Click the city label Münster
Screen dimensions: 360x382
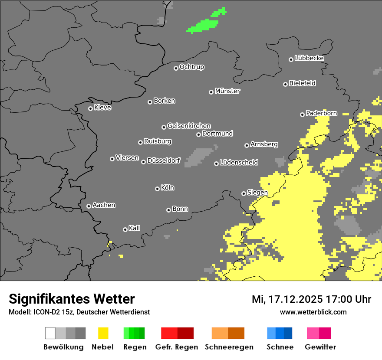227,91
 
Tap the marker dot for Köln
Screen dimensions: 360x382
157,189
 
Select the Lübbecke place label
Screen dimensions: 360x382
309,58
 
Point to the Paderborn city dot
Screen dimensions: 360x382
302,115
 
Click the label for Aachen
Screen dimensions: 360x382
104,205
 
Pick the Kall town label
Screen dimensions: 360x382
134,228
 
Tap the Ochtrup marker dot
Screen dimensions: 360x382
176,68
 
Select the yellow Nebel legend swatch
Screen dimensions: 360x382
103,333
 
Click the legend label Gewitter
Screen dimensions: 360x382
320,347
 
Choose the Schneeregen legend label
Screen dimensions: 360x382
229,347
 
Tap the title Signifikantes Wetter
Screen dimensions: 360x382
72,299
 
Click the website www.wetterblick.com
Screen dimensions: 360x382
313,312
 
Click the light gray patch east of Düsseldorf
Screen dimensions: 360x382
199,157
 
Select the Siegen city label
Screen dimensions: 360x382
257,193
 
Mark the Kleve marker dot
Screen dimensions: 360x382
90,108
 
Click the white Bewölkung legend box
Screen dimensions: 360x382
50,333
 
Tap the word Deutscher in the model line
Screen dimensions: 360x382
95,312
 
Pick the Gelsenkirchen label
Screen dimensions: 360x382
189,126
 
